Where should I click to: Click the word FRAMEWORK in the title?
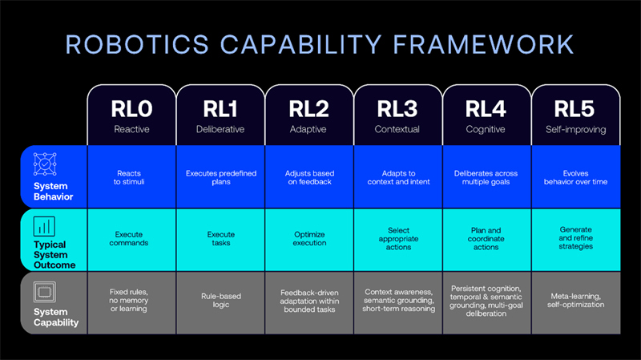coord(483,44)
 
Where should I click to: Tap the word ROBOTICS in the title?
coord(137,44)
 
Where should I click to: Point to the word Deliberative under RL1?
coord(220,129)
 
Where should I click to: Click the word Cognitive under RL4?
coord(486,129)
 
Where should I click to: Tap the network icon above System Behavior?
coord(45,164)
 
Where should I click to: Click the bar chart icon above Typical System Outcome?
coord(44,226)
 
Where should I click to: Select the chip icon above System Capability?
coord(45,292)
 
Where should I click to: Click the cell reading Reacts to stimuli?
coord(131,177)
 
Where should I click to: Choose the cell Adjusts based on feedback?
coord(309,177)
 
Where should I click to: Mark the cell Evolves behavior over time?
coord(576,177)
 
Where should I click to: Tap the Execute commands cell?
coord(131,240)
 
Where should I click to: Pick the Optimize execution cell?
coord(309,240)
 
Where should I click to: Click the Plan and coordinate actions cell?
coord(487,240)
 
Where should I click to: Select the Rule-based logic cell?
coord(221,303)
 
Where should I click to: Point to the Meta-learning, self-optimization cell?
coord(576,303)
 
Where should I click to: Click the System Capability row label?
coord(56,317)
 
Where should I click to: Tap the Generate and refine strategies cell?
coord(576,240)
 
